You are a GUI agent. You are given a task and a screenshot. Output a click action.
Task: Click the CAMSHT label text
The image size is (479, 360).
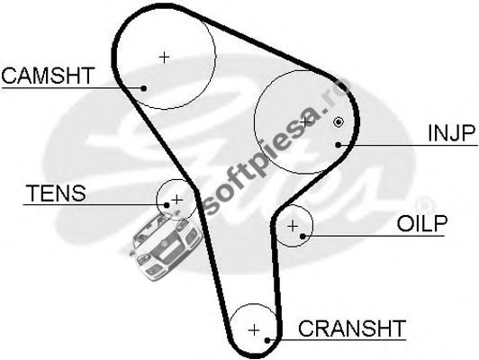pos(48,76)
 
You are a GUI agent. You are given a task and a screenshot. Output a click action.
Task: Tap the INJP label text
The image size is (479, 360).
pos(452,133)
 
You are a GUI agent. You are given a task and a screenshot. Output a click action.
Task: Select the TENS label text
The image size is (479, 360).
pos(56,193)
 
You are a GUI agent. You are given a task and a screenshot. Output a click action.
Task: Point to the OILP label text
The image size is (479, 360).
pos(422,223)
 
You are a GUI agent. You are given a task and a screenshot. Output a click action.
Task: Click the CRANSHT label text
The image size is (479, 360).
pos(352,328)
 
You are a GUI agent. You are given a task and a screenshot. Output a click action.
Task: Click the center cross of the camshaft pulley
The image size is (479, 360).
pos(165,57)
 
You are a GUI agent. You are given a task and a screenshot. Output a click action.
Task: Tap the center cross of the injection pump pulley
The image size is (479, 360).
pos(305,121)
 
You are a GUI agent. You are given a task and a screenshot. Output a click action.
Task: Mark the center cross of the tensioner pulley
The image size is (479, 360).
pos(177,200)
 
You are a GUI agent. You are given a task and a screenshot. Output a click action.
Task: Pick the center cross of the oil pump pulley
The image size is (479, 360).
pos(293,226)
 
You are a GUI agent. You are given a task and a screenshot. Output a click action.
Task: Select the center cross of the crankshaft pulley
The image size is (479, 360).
pos(254,330)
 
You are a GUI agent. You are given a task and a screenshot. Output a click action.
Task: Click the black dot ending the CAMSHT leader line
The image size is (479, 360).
pos(143,88)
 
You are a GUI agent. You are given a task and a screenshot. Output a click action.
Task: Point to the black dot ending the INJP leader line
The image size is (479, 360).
pos(338,144)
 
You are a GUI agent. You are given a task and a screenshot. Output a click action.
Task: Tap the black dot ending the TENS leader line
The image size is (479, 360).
pos(167,205)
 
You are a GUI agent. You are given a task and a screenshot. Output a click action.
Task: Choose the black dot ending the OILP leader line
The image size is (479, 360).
pos(303,236)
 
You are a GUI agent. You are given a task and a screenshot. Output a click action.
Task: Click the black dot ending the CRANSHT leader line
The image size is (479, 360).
pos(267,340)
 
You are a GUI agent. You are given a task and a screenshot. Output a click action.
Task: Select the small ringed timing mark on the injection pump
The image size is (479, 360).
pos(339,122)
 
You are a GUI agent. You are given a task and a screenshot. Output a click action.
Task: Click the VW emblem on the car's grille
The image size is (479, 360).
pos(165,243)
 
